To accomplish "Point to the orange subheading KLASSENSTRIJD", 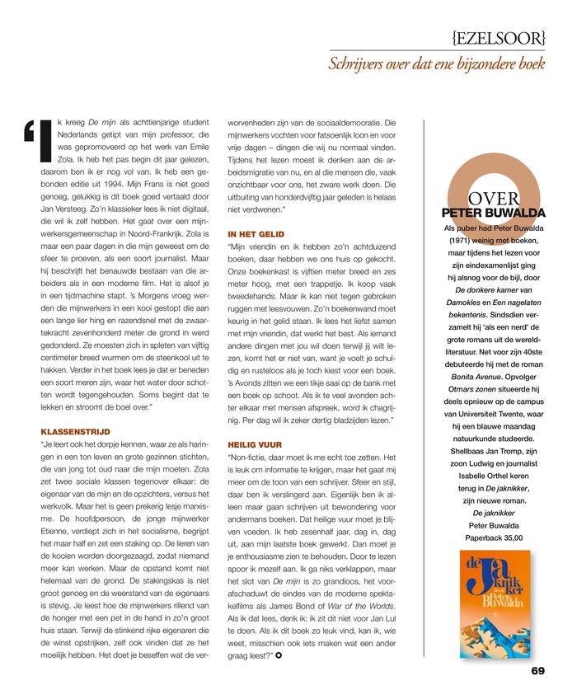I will [x=75, y=431].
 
